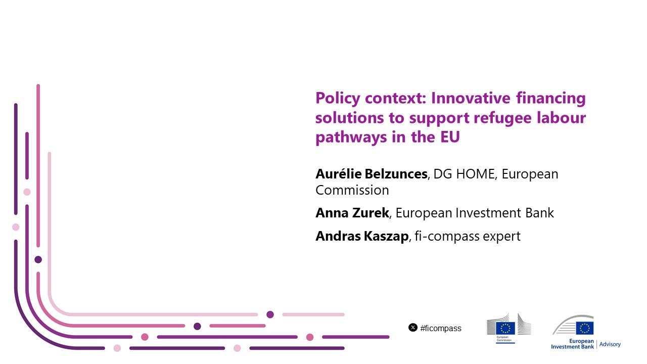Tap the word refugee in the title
(x=502, y=118)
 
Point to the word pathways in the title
(x=351, y=137)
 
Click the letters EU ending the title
(x=450, y=137)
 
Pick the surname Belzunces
(x=396, y=174)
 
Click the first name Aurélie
(x=339, y=174)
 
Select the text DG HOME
(x=464, y=174)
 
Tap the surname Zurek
(x=371, y=213)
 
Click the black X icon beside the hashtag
(x=413, y=328)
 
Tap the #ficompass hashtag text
(x=441, y=329)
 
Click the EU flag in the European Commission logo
(x=505, y=328)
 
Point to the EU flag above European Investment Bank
(x=585, y=328)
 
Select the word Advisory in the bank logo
(x=610, y=344)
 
